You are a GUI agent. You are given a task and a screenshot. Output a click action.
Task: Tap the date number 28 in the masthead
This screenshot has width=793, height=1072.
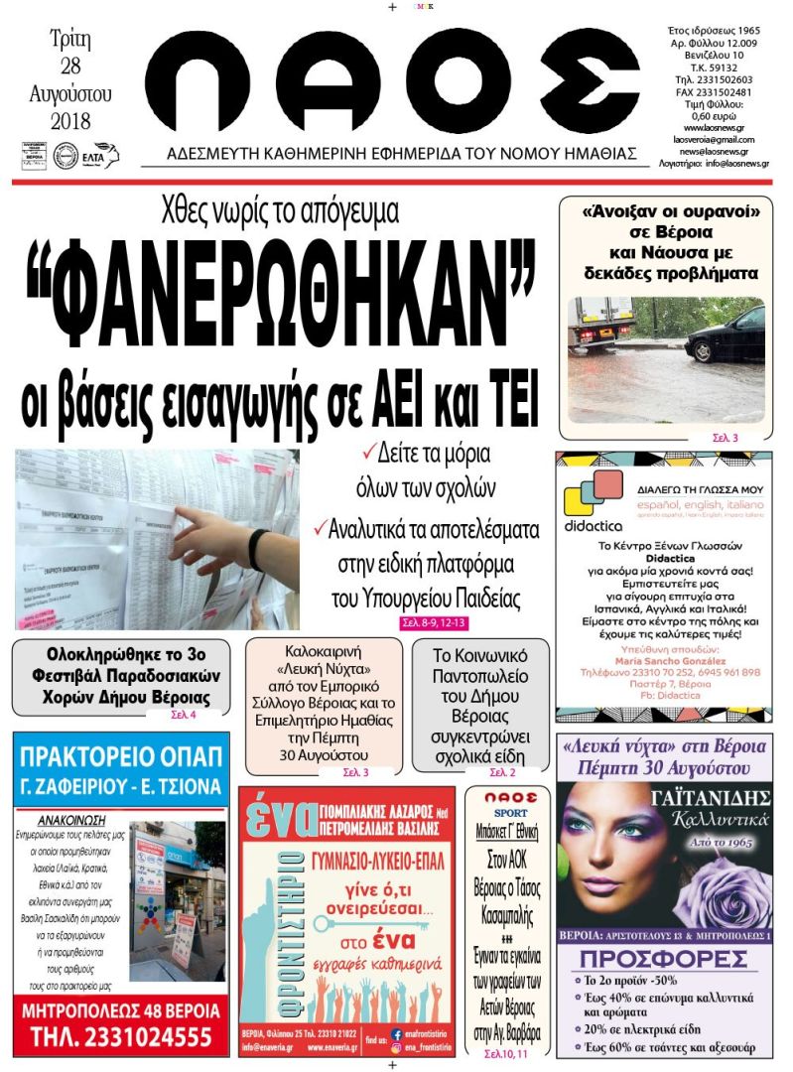(69, 67)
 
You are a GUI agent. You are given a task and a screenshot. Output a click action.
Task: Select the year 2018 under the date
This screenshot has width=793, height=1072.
(69, 121)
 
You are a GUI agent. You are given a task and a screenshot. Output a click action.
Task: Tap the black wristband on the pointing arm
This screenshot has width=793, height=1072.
(259, 543)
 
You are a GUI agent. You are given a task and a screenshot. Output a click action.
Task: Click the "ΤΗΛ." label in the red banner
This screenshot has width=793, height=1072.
(54, 1038)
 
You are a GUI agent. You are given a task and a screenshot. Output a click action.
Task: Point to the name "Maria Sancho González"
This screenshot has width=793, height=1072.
(664, 660)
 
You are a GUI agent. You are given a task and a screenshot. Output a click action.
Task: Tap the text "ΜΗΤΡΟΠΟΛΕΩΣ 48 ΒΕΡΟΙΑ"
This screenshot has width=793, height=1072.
(120, 1010)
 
